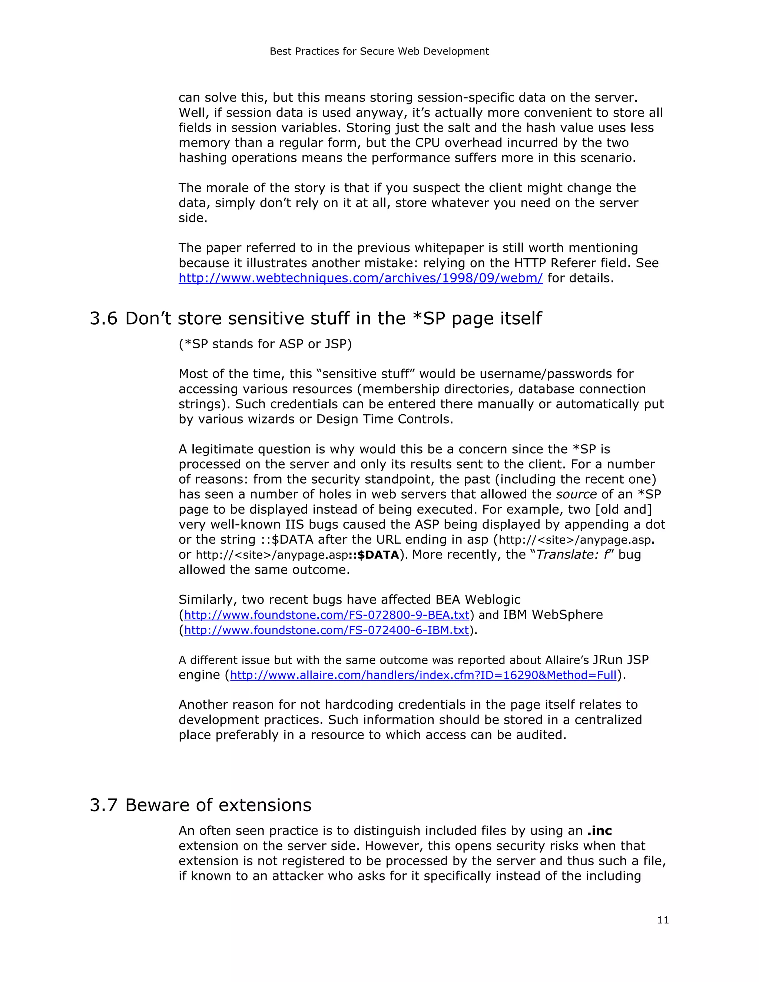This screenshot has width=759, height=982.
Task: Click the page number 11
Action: point(663,920)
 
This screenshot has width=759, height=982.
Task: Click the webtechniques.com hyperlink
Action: point(361,278)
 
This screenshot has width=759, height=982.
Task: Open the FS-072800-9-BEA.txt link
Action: point(327,615)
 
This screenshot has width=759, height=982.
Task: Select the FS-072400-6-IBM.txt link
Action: point(327,630)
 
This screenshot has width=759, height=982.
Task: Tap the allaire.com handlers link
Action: point(423,675)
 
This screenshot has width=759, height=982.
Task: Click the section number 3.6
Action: point(103,318)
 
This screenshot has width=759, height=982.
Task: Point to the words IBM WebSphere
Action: point(553,615)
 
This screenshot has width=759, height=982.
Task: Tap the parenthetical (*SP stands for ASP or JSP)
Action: point(265,344)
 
